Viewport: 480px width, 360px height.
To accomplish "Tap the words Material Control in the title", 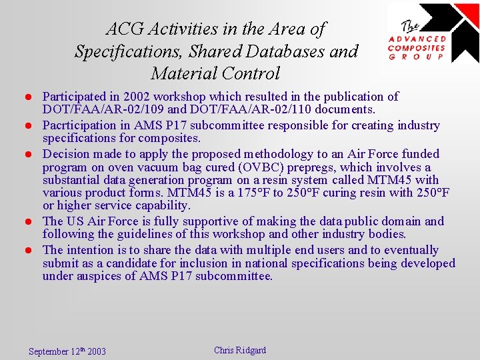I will pos(215,73).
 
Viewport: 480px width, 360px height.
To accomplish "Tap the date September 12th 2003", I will pos(67,351).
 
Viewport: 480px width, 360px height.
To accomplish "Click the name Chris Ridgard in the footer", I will pos(240,350).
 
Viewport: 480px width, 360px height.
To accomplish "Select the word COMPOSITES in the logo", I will pos(417,47).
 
